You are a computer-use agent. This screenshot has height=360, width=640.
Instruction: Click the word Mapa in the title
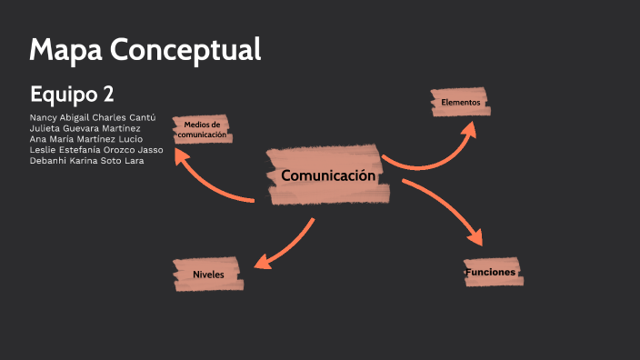point(65,49)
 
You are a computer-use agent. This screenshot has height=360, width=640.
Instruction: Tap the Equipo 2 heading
point(71,94)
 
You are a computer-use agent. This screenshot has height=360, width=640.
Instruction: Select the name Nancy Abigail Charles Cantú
point(93,118)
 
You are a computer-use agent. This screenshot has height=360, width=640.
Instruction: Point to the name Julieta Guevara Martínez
point(85,128)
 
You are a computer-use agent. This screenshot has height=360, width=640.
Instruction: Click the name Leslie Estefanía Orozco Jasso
point(96,150)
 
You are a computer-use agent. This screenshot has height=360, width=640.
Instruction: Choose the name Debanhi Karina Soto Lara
point(86,161)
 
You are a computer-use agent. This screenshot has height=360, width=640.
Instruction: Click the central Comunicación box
point(328,175)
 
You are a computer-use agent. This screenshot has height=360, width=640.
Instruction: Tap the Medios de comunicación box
point(202,129)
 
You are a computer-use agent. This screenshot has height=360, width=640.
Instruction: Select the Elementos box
point(460,103)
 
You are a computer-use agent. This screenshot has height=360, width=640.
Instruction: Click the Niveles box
point(208,274)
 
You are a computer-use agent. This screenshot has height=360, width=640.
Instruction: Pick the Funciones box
point(491,272)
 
